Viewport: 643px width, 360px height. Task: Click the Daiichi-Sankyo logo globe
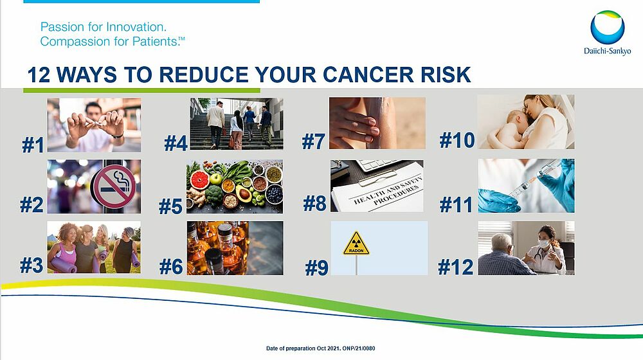pyautogui.click(x=608, y=27)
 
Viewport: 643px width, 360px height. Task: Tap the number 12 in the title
pyautogui.click(x=39, y=75)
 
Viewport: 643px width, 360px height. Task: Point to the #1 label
pyautogui.click(x=33, y=145)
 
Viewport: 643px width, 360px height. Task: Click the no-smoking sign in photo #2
pyautogui.click(x=113, y=186)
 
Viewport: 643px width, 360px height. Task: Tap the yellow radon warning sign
pyautogui.click(x=356, y=244)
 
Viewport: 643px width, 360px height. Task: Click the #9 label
pyautogui.click(x=316, y=268)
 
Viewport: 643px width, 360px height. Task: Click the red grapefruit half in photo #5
pyautogui.click(x=200, y=180)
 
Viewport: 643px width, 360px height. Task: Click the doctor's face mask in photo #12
pyautogui.click(x=543, y=244)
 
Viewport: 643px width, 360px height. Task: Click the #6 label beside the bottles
pyautogui.click(x=171, y=267)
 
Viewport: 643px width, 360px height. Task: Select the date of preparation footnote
pyautogui.click(x=321, y=348)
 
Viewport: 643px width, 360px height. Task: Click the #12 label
pyautogui.click(x=456, y=267)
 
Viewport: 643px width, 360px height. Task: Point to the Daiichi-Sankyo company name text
pyautogui.click(x=608, y=51)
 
